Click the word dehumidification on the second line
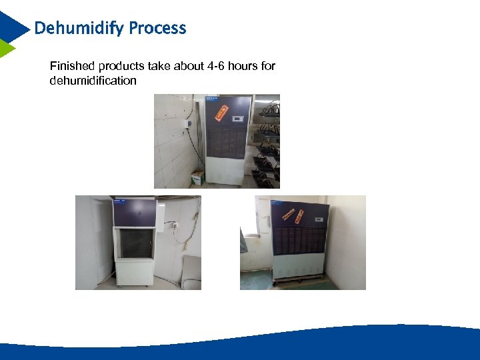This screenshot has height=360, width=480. click(x=93, y=81)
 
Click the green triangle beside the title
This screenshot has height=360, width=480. click(x=7, y=48)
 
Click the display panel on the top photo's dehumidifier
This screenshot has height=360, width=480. click(x=237, y=120)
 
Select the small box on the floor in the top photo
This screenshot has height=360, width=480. click(x=198, y=177)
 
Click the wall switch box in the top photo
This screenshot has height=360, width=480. click(x=189, y=123)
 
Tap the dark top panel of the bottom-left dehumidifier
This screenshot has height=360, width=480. click(x=134, y=213)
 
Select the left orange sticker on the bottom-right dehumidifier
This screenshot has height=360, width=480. click(x=287, y=213)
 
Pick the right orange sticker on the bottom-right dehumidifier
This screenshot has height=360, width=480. click(x=300, y=215)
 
